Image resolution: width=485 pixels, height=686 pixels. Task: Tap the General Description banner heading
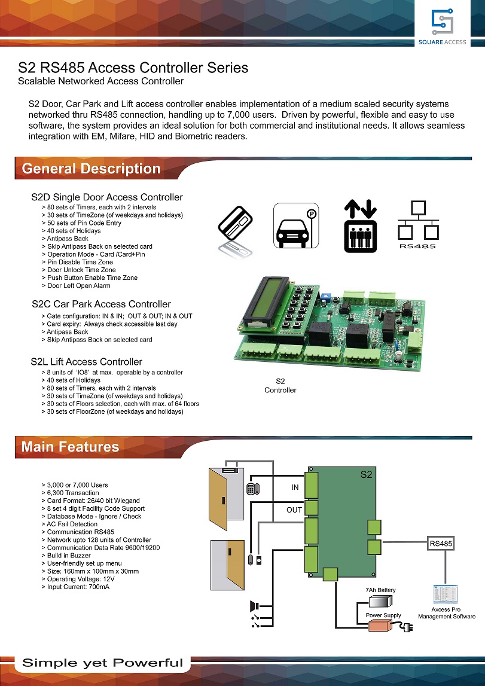coord(91,169)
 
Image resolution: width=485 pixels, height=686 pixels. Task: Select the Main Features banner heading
coord(70,447)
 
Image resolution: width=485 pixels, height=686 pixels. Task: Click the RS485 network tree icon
coord(417,225)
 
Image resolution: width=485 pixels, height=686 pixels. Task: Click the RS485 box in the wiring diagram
coord(441,544)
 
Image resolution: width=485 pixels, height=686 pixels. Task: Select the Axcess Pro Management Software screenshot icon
coord(445,594)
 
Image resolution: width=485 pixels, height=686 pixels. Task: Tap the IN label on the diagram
coord(295,487)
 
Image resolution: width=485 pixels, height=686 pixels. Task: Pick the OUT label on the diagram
coord(294,510)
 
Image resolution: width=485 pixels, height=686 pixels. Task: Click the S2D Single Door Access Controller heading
coord(107,197)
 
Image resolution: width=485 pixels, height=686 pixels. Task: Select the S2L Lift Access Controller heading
coord(86,362)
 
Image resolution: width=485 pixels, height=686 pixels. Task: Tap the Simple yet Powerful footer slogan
coord(102,663)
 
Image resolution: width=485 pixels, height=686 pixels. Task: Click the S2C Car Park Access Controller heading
coord(100,304)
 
